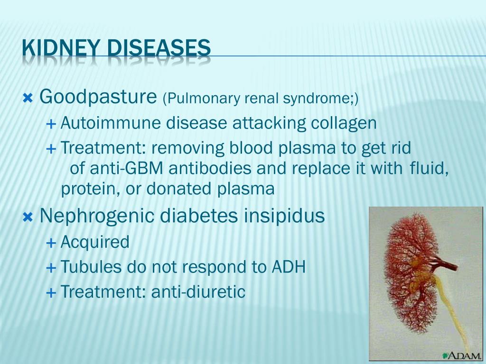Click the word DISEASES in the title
pos(159,48)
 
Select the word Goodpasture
pos(98,97)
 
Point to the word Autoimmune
pos(111,123)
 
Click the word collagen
pos(344,124)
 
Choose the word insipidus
pos(284,216)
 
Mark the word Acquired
pos(95,242)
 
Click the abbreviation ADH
pos(289,267)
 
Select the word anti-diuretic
pos(198,291)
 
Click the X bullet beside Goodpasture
pos(28,99)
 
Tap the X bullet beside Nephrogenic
pos(28,217)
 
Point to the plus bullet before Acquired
pos(51,243)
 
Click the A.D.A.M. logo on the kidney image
pos(462,356)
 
